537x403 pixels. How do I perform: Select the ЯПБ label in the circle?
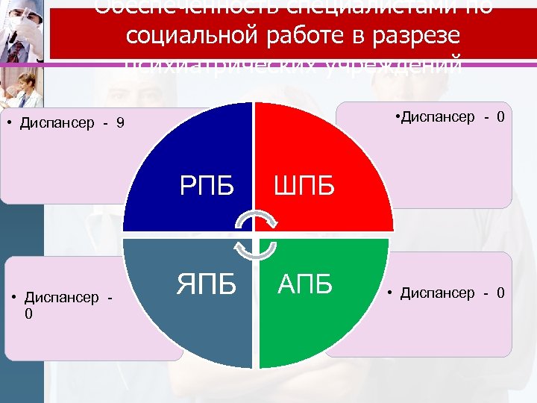pyautogui.click(x=207, y=284)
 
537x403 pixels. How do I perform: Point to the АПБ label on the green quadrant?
pyautogui.click(x=305, y=284)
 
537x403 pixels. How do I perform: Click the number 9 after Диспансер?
pyautogui.click(x=120, y=123)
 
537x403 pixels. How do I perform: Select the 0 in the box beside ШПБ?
pyautogui.click(x=501, y=116)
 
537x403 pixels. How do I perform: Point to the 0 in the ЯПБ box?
pyautogui.click(x=28, y=313)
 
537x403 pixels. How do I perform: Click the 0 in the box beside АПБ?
pyautogui.click(x=500, y=293)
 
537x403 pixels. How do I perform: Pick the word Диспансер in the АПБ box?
pyautogui.click(x=436, y=293)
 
